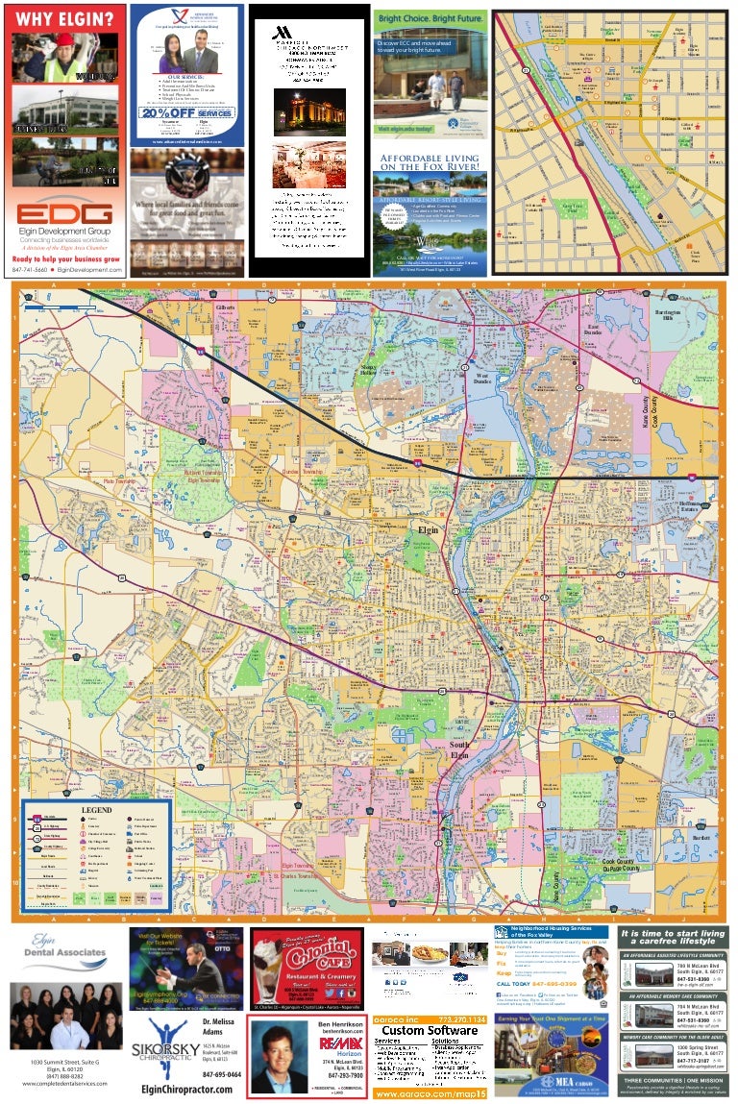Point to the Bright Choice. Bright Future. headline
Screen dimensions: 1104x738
click(x=429, y=18)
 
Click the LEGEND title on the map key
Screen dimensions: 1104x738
click(x=96, y=810)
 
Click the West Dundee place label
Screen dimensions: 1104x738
click(x=481, y=376)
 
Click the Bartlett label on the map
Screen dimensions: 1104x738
click(x=700, y=838)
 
